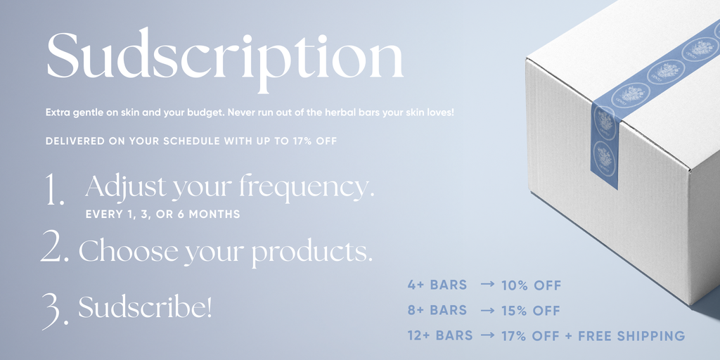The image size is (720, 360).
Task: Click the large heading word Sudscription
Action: [225, 60]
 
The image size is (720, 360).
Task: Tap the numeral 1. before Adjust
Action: [55, 188]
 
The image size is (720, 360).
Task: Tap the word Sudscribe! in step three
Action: [145, 307]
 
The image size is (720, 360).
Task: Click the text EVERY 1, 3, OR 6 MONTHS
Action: [162, 214]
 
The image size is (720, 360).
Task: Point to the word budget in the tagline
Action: [200, 112]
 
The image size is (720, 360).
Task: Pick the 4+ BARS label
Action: [437, 285]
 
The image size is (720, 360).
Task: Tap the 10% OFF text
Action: [532, 285]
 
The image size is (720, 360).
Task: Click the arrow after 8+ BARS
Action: [488, 310]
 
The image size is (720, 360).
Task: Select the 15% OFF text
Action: [531, 311]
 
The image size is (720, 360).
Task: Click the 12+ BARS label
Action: [440, 335]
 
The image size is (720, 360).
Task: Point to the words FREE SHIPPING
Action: [631, 335]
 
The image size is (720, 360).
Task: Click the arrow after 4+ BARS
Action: [488, 285]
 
